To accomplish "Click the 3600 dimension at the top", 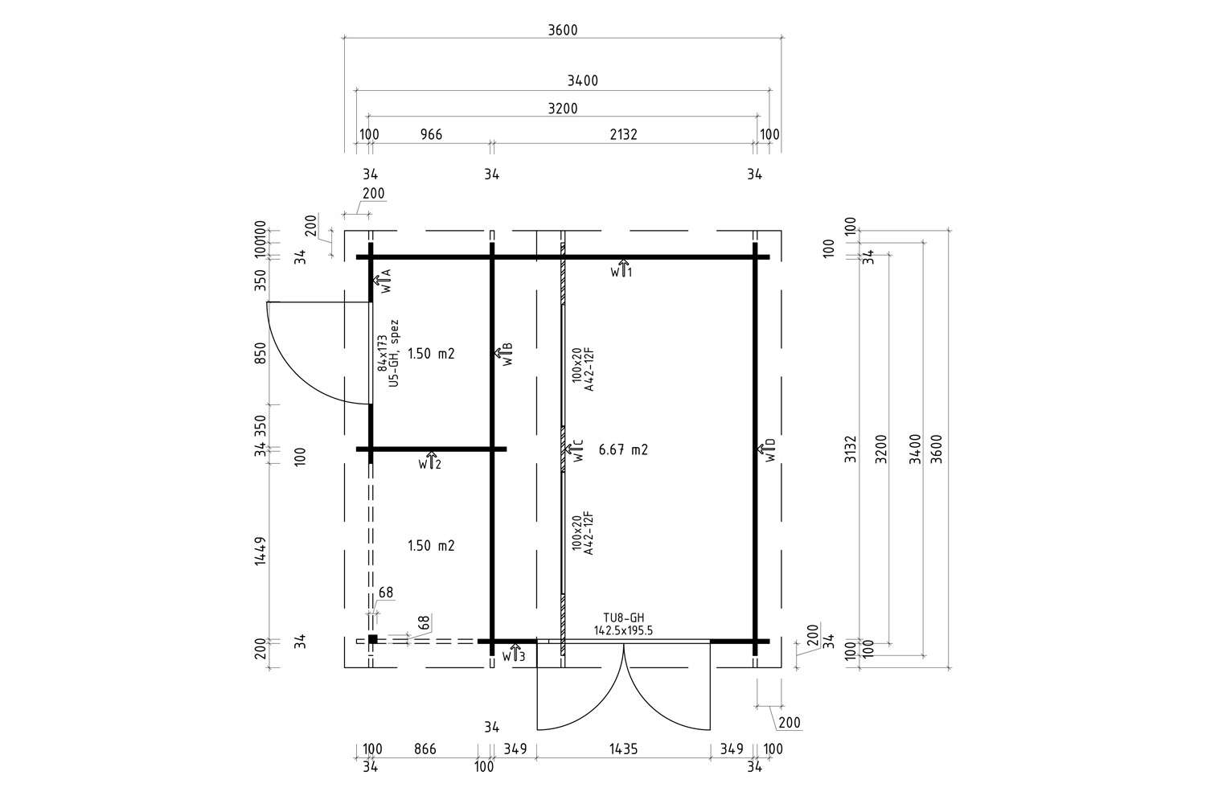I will coord(563,31).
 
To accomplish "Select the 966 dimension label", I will coord(432,134).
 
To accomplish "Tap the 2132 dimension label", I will coord(623,134).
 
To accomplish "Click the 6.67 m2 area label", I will coord(623,450).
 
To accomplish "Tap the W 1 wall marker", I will coord(621,269).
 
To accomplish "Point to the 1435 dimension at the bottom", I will coord(623,749).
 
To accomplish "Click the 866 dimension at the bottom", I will coord(425,749).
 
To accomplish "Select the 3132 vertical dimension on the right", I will coord(852,450).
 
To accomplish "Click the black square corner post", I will coord(372,639).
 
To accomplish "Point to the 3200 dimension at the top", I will coord(562,109).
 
